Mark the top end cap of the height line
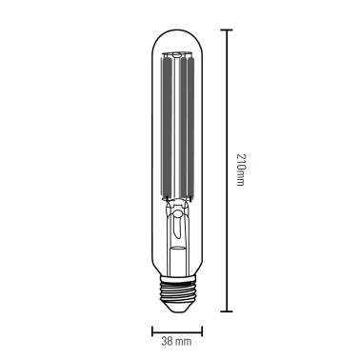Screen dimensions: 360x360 (x=226, y=30)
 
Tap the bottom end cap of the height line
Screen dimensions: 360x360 (x=226, y=311)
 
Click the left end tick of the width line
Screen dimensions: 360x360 (x=152, y=330)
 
